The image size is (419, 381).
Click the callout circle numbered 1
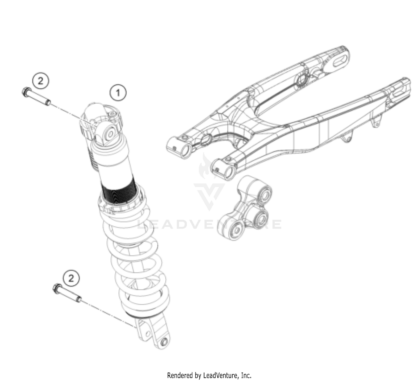pyautogui.click(x=118, y=93)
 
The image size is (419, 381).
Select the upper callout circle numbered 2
pyautogui.click(x=41, y=81)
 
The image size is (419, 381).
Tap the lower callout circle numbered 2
pyautogui.click(x=71, y=278)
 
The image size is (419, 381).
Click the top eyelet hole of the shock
pyautogui.click(x=110, y=134)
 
